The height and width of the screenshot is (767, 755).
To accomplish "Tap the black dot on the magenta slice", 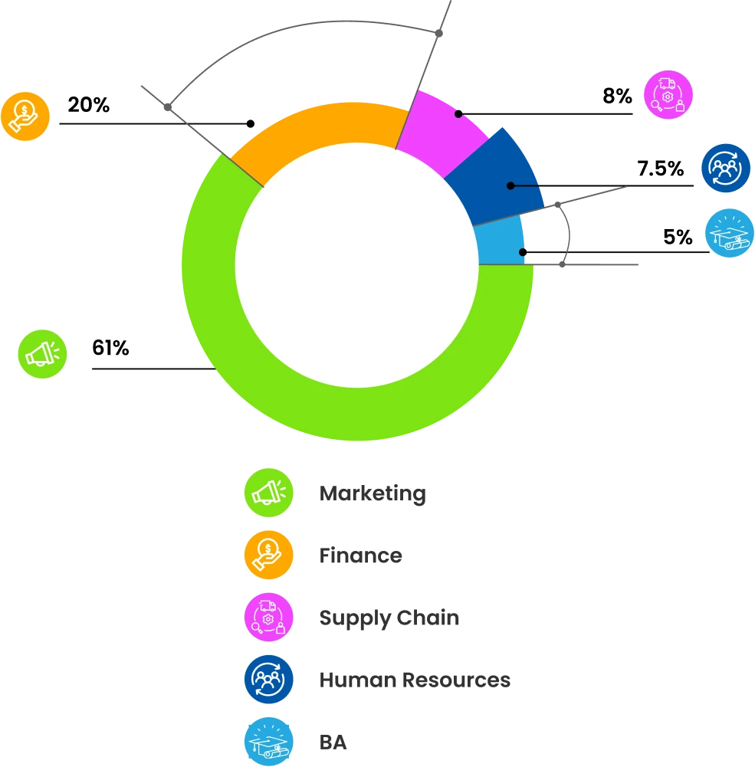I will (x=458, y=113).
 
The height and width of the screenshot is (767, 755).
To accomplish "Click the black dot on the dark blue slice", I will (x=510, y=185).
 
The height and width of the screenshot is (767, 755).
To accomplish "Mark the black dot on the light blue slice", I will (x=522, y=252).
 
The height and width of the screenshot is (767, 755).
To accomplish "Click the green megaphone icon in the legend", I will (x=269, y=492).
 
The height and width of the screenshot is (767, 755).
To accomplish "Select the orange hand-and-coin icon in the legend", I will (x=269, y=554).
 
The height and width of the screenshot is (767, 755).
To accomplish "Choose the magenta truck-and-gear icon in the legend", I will (x=269, y=617).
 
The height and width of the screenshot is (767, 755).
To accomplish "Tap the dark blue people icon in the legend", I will (x=269, y=679).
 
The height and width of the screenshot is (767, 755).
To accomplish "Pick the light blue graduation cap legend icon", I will (x=269, y=741).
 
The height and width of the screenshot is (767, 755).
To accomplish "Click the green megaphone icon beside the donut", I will (x=43, y=354).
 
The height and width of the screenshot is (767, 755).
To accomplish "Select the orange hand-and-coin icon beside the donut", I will (x=25, y=116).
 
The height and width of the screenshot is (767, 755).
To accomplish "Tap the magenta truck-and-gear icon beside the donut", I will (x=668, y=95).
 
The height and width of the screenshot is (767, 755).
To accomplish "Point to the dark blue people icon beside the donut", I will (x=725, y=168).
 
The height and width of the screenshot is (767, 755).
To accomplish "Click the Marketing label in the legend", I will (x=373, y=493).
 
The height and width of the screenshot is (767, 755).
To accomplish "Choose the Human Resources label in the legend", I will (x=415, y=680).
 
